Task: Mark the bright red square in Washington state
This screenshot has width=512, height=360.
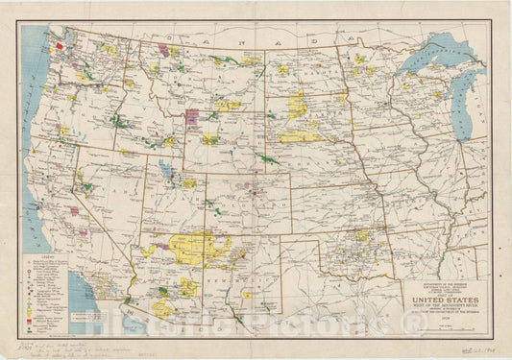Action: click(x=61, y=45)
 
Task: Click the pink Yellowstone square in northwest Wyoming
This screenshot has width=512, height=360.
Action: click(x=191, y=116)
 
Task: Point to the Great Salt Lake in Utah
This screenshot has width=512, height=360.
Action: click(x=166, y=173)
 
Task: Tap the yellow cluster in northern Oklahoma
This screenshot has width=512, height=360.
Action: click(x=362, y=234)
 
